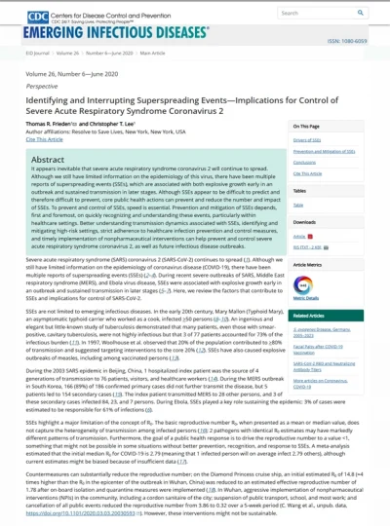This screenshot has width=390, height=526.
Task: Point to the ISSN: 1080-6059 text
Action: (x=360, y=42)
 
